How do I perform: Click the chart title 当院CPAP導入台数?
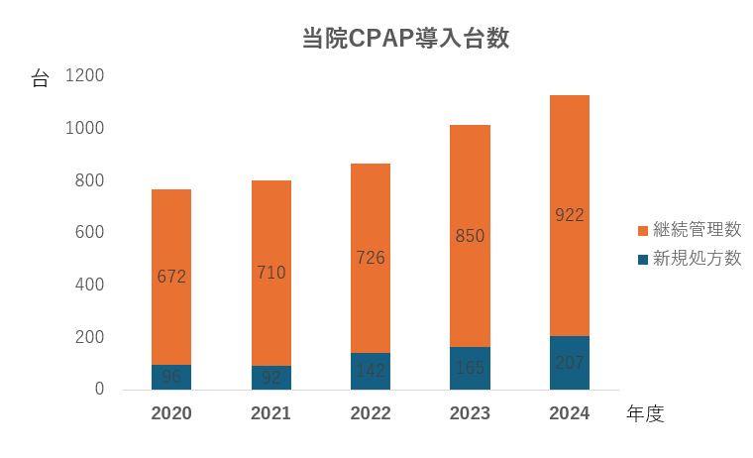click(405, 39)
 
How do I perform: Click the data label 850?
click(470, 236)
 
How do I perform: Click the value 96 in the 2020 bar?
click(171, 377)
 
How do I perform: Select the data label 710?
click(270, 273)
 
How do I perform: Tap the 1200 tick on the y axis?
click(85, 76)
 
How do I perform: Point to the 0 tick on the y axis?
click(99, 389)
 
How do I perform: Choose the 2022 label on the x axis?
click(370, 413)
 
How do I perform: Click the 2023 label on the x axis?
click(470, 413)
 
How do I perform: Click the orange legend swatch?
click(643, 231)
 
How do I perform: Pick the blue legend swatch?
click(643, 260)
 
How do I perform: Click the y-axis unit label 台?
click(40, 79)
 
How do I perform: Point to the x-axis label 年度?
click(645, 414)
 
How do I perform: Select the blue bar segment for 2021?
click(270, 378)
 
